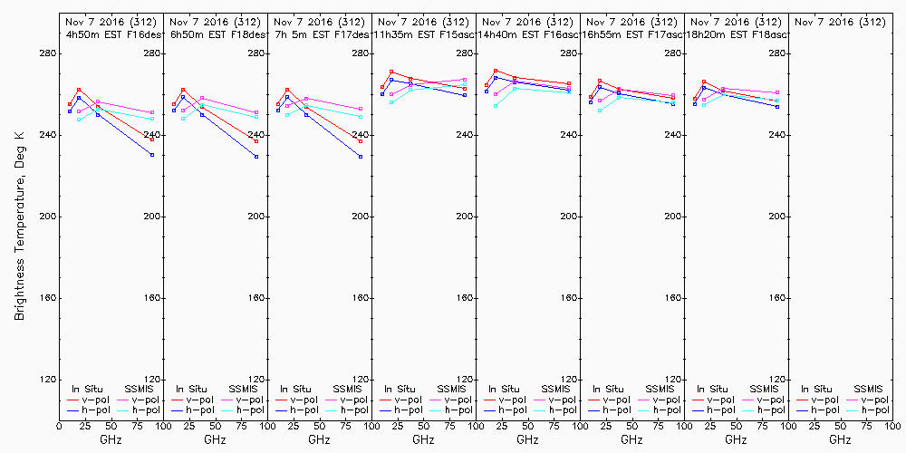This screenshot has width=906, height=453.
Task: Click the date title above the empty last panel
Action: point(840,21)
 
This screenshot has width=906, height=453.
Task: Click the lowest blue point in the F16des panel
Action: point(152,155)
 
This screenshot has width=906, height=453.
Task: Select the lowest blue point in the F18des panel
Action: point(256,157)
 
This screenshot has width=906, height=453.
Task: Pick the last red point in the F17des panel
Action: point(361,141)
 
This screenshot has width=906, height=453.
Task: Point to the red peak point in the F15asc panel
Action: point(391,72)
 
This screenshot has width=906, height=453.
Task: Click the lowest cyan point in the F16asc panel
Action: point(496,106)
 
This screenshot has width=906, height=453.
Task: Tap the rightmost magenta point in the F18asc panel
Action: point(777,92)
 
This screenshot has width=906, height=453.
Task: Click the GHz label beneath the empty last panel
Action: point(840,439)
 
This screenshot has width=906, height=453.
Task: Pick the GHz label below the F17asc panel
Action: point(631,439)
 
